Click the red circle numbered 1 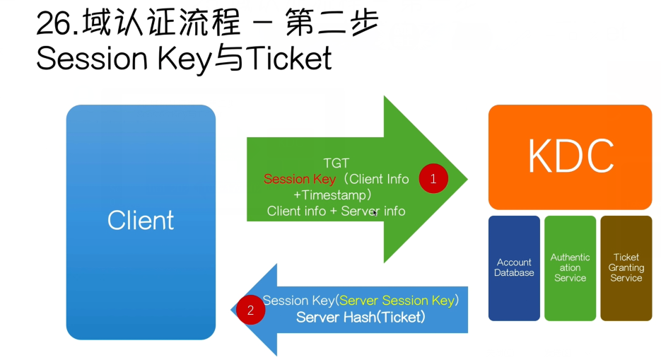[x=433, y=179]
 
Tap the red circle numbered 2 [x=250, y=310]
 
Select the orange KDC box [x=570, y=157]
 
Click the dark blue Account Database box [x=514, y=268]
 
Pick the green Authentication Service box [x=570, y=268]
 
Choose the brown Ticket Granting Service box [x=626, y=268]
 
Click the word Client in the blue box [x=141, y=220]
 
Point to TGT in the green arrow [x=336, y=163]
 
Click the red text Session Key [x=300, y=179]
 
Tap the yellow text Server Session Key [x=397, y=301]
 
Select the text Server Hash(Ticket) [x=361, y=317]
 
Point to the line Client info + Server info [x=336, y=211]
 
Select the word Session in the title [x=92, y=58]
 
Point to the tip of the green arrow [x=467, y=179]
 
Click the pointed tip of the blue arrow [x=231, y=310]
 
